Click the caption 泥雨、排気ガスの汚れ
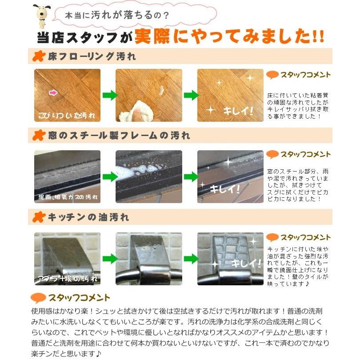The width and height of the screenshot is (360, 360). pyautogui.click(x=67, y=197)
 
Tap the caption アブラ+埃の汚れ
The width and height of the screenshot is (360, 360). pyautogui.click(x=67, y=280)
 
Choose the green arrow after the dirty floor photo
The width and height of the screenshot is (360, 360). pyautogui.click(x=108, y=95)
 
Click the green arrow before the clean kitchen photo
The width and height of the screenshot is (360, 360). pyautogui.click(x=190, y=258)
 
